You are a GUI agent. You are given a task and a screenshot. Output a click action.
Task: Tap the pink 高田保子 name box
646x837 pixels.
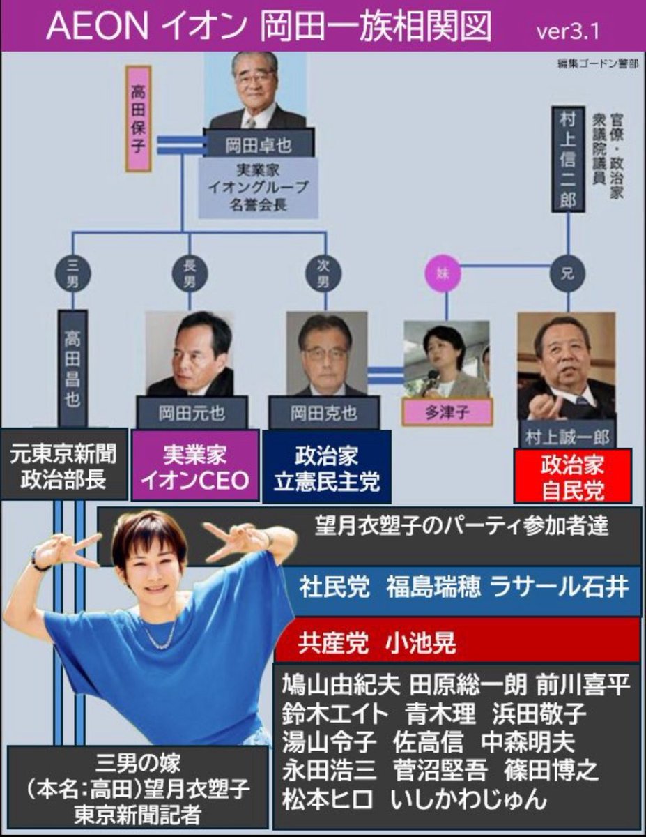[x=137, y=119]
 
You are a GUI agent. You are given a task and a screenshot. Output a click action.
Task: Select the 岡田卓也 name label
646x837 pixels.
[x=259, y=145]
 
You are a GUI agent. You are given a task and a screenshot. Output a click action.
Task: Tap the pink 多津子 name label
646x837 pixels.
[x=445, y=412]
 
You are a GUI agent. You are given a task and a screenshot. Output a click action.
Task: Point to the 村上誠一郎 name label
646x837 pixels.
[x=566, y=437]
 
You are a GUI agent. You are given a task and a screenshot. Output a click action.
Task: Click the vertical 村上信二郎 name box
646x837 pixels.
[x=568, y=159]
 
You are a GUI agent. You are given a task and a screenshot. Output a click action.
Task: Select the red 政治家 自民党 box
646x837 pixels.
[x=572, y=476]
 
